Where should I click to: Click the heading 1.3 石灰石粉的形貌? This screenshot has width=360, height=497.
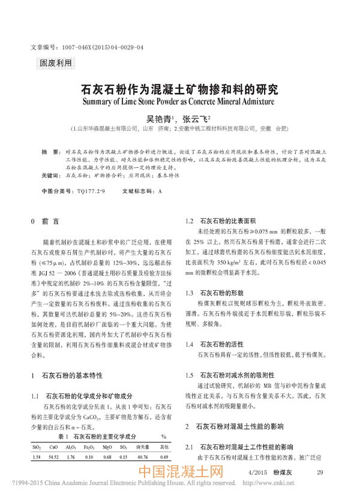tap(214, 293)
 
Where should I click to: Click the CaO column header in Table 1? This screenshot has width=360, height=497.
tap(53, 447)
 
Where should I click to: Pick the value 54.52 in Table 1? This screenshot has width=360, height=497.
tap(53, 457)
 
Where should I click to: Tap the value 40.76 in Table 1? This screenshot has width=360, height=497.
tap(145, 457)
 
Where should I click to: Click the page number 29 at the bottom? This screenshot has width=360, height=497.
tap(320, 474)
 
